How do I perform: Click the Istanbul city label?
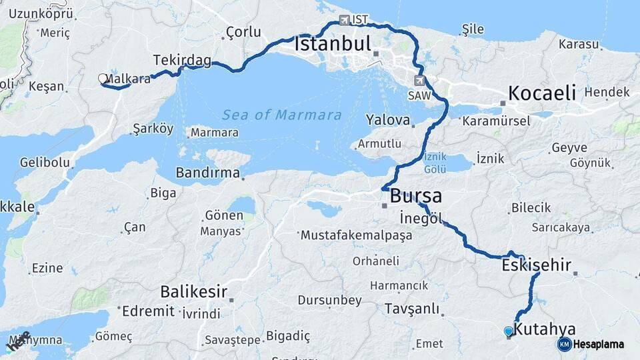(x=332, y=45)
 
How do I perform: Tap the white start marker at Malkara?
(x=103, y=79)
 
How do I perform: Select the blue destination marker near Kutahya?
(x=509, y=331)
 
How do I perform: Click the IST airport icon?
(x=344, y=20)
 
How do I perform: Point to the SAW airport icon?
(x=419, y=81)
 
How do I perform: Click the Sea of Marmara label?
(x=282, y=115)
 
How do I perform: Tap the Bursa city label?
(x=415, y=196)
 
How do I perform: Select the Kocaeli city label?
(x=542, y=93)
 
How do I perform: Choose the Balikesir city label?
(x=193, y=291)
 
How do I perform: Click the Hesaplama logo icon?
(x=565, y=344)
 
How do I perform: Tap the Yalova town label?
(x=387, y=121)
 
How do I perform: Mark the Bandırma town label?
(x=207, y=173)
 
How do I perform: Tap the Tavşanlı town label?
(x=412, y=309)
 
